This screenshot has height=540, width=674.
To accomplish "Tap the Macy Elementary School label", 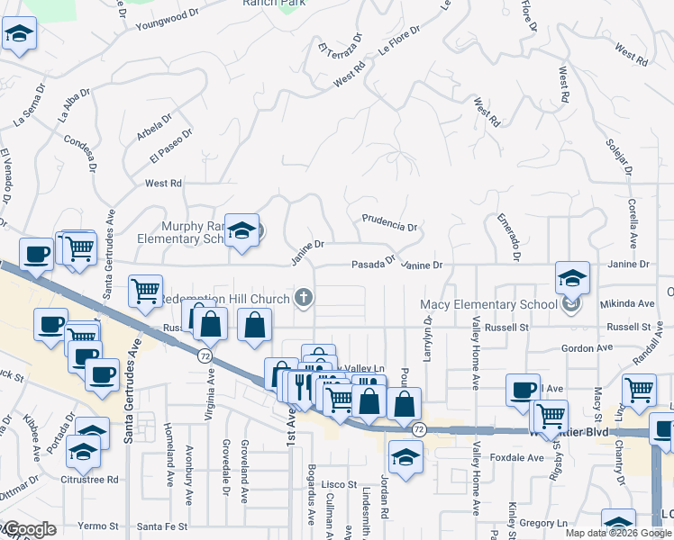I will (x=489, y=304).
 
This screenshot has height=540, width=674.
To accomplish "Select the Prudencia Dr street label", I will (x=389, y=222).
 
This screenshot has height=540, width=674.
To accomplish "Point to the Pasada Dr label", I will (x=373, y=263).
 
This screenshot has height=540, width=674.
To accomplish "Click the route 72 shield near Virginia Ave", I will (x=205, y=356).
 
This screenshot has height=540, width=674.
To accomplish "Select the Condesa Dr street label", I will (x=80, y=146).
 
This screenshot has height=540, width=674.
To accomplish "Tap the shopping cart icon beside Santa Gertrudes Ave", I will (x=146, y=291).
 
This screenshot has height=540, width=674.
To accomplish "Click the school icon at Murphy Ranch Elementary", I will (x=241, y=231).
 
